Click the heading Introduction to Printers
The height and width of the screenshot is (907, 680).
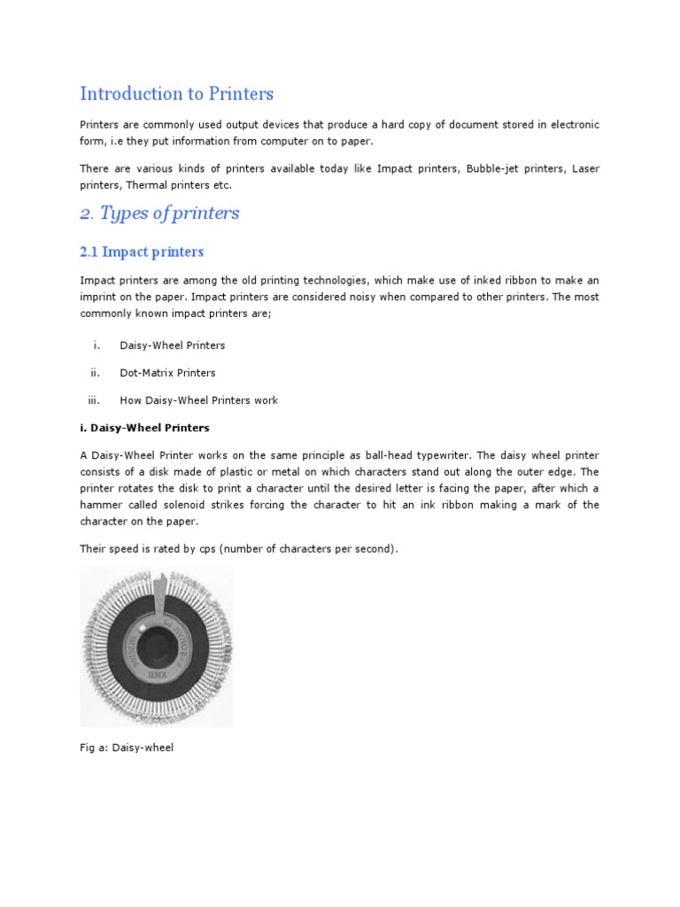tap(176, 93)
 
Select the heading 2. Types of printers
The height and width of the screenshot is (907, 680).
tap(159, 213)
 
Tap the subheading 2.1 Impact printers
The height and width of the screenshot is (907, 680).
tap(142, 252)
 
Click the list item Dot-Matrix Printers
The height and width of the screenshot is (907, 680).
tap(167, 373)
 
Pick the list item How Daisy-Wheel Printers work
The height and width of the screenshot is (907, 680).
tap(198, 400)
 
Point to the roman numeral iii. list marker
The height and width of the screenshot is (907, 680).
tap(93, 400)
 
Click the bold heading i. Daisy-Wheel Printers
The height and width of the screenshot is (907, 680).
tap(144, 428)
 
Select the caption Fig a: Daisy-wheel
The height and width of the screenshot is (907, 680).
tap(127, 748)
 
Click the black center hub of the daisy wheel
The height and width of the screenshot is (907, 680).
tap(157, 647)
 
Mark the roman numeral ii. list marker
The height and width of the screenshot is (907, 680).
tap(95, 373)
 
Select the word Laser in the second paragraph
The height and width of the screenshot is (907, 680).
tap(585, 168)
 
